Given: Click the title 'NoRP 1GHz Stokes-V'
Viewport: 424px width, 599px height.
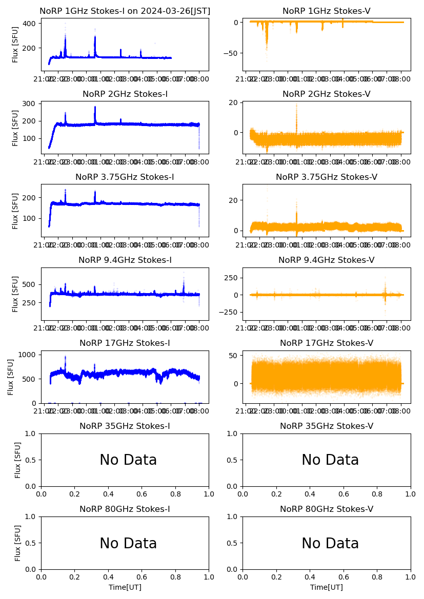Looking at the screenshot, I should pos(327,11).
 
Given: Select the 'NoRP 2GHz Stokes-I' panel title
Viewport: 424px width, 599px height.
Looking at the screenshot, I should pos(125,94).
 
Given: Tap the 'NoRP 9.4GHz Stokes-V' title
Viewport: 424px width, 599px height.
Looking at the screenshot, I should pos(327,260).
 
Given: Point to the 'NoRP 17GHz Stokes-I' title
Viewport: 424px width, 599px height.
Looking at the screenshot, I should pos(125,343).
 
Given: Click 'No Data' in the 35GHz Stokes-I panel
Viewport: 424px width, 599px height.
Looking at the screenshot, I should pos(128,460).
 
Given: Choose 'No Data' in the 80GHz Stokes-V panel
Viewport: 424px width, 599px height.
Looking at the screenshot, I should pos(330,544).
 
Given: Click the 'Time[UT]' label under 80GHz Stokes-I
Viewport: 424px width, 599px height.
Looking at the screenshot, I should pos(125,587).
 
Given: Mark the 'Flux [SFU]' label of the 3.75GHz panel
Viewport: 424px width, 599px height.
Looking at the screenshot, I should pos(15,210).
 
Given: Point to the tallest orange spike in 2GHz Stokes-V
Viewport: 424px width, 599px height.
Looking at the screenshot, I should pos(296,105).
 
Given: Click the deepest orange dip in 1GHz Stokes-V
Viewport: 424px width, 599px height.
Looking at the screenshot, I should pos(267,49).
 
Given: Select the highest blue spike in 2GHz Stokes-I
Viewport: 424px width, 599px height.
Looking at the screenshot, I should pos(95,108).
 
